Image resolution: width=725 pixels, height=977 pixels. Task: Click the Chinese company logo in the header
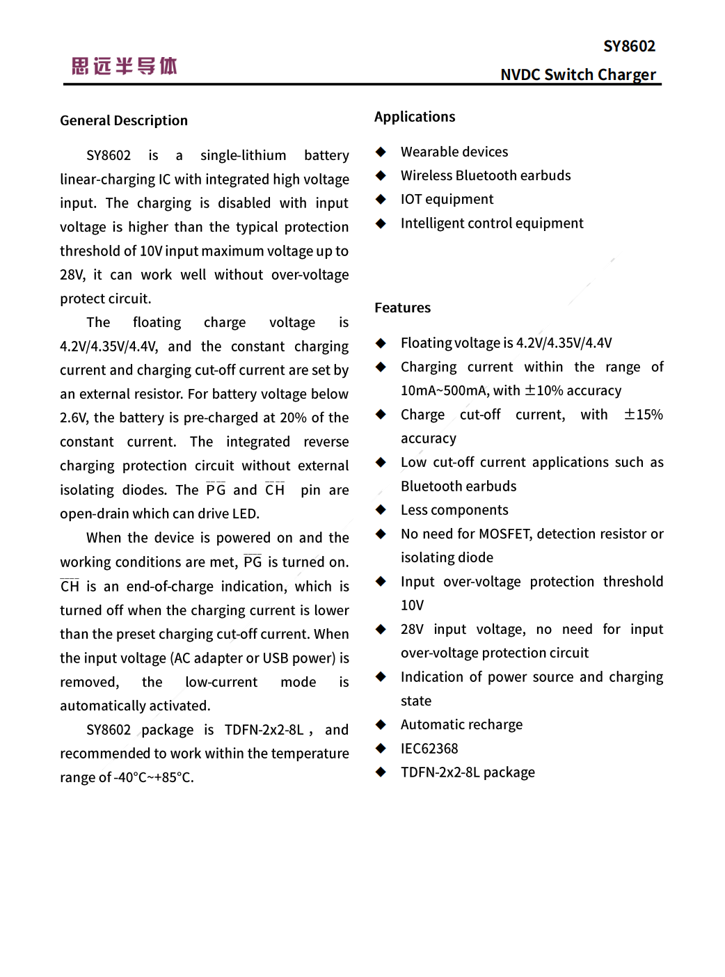click(x=125, y=66)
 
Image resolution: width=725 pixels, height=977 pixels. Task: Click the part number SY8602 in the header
click(x=629, y=47)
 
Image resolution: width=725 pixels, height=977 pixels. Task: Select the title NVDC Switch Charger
click(x=577, y=74)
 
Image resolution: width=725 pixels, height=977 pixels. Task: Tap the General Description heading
click(x=124, y=120)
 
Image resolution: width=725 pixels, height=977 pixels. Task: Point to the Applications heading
click(x=415, y=117)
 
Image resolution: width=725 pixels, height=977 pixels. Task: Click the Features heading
click(x=402, y=308)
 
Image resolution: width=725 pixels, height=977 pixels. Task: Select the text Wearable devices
click(x=454, y=152)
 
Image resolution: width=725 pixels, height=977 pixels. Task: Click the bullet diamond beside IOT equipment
click(x=381, y=200)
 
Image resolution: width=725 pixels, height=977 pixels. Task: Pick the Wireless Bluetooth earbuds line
click(x=485, y=175)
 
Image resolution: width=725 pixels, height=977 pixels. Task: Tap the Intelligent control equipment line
click(x=491, y=223)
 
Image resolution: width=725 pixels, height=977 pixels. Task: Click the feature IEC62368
click(x=429, y=749)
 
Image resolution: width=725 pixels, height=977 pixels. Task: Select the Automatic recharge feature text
click(x=461, y=724)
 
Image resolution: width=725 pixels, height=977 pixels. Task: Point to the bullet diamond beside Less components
click(x=381, y=510)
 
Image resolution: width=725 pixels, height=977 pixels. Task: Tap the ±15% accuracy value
click(x=643, y=415)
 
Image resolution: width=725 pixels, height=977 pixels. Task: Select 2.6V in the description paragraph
click(x=73, y=418)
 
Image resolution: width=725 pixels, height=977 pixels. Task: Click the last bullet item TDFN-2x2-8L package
click(x=468, y=772)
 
